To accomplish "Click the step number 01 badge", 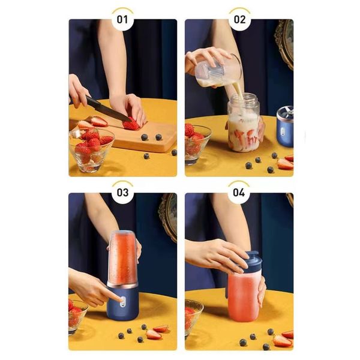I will coord(122,19).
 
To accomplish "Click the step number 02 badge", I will coord(239,19).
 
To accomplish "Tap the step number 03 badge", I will coord(122,193).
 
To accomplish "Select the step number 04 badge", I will coord(239,193).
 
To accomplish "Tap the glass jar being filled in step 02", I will coord(243,123).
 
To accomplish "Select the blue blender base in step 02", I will coord(285,127).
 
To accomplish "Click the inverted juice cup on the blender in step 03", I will coord(122,257).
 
